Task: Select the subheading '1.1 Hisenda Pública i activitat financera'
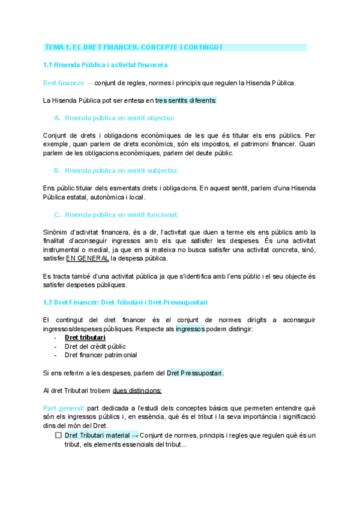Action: (106, 64)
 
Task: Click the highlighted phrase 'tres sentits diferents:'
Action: (186, 100)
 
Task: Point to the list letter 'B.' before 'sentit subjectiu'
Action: (57, 170)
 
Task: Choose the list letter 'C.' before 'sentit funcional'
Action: (57, 214)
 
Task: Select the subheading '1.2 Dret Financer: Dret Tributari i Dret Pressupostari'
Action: (125, 302)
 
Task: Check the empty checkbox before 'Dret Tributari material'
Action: (58, 435)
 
